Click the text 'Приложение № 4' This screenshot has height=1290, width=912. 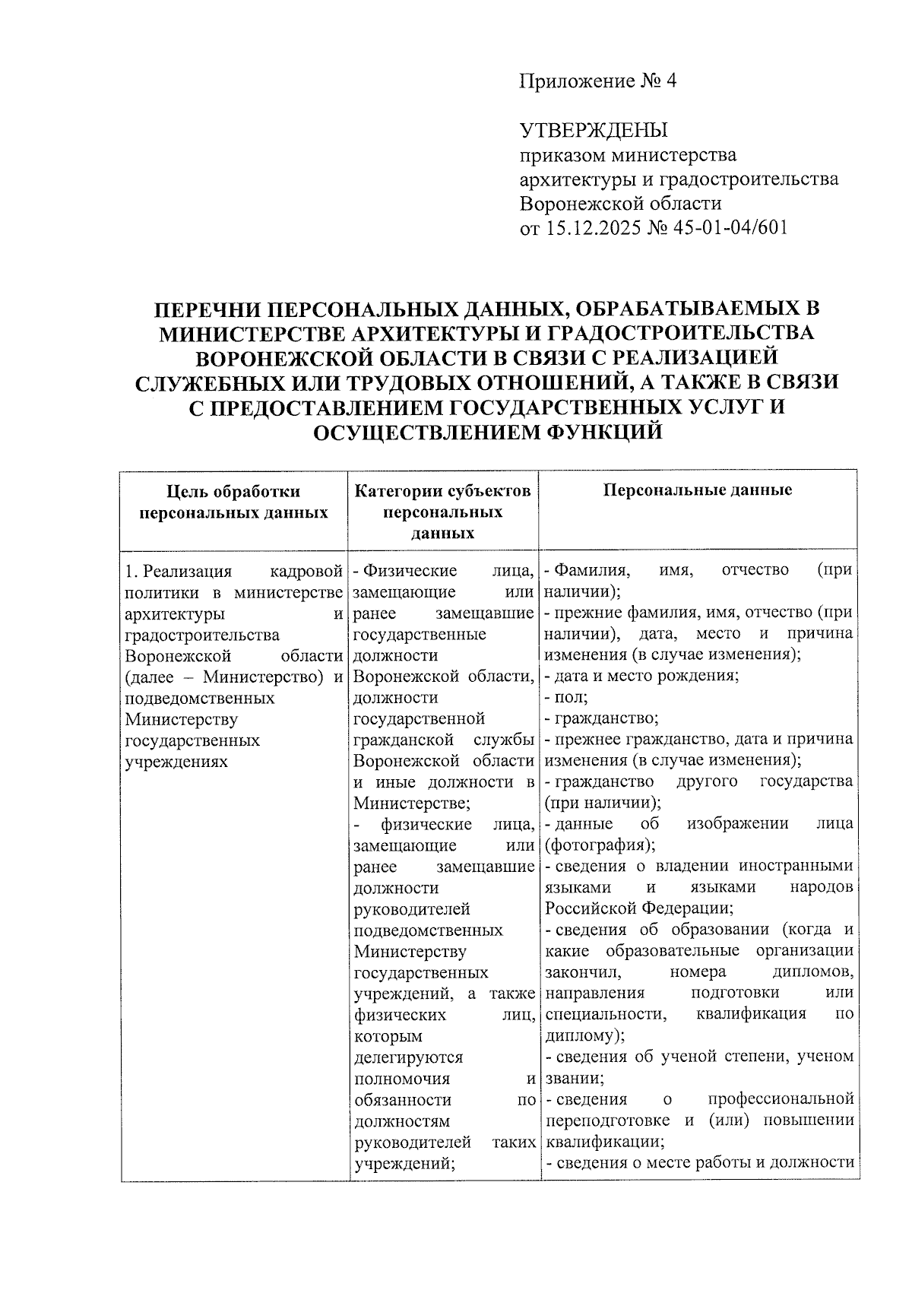pos(597,81)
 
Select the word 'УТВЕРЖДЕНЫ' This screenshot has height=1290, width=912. pos(594,131)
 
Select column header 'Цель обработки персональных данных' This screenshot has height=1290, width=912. pos(234,502)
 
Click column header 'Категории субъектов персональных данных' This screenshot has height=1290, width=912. pos(443,512)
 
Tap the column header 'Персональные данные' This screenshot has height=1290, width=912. pos(698,490)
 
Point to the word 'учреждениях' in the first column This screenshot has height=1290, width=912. pos(176,761)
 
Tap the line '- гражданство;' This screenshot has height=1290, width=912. pos(601,718)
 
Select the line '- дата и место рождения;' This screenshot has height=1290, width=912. pos(641,676)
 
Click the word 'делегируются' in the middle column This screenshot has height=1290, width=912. pos(408,1057)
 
